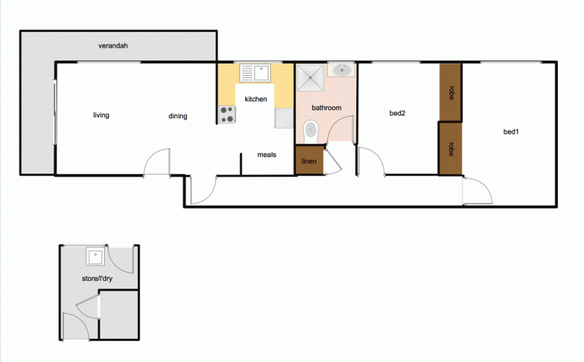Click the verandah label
click(113, 46)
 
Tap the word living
click(101, 115)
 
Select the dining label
click(177, 116)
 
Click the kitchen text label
click(255, 99)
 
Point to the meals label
click(266, 155)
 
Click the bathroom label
click(326, 108)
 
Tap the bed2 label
click(397, 113)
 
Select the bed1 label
click(511, 132)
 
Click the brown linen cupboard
click(309, 161)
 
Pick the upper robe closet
click(450, 92)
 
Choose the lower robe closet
click(450, 149)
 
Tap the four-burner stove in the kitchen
click(227, 114)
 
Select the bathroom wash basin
click(342, 70)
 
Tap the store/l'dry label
click(98, 279)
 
